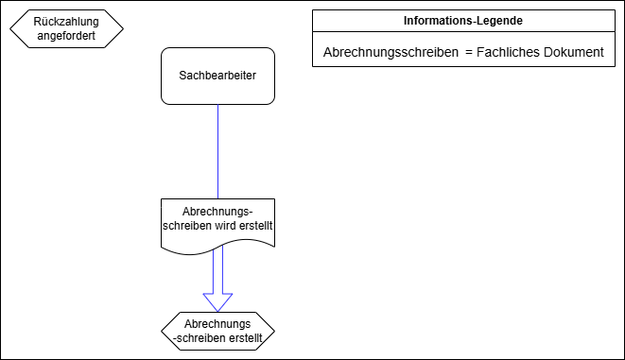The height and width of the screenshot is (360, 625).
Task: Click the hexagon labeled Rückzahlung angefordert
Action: [66, 28]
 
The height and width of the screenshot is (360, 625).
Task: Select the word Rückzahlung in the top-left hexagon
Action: [66, 21]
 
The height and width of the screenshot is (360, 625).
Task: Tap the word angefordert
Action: [66, 36]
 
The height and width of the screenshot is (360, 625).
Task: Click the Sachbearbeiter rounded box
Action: [217, 76]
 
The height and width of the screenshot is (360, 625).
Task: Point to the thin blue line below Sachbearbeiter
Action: [218, 151]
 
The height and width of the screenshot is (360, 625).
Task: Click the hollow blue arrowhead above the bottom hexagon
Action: [218, 301]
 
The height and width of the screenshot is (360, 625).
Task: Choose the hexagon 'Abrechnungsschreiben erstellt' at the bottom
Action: [217, 330]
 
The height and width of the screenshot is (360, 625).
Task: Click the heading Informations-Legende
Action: [463, 20]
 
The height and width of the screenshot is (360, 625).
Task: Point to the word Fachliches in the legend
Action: [509, 52]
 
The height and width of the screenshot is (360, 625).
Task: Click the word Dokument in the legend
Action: [575, 52]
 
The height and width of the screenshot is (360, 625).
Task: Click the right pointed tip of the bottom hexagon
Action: [273, 330]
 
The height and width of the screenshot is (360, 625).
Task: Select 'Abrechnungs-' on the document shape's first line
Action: [217, 212]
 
